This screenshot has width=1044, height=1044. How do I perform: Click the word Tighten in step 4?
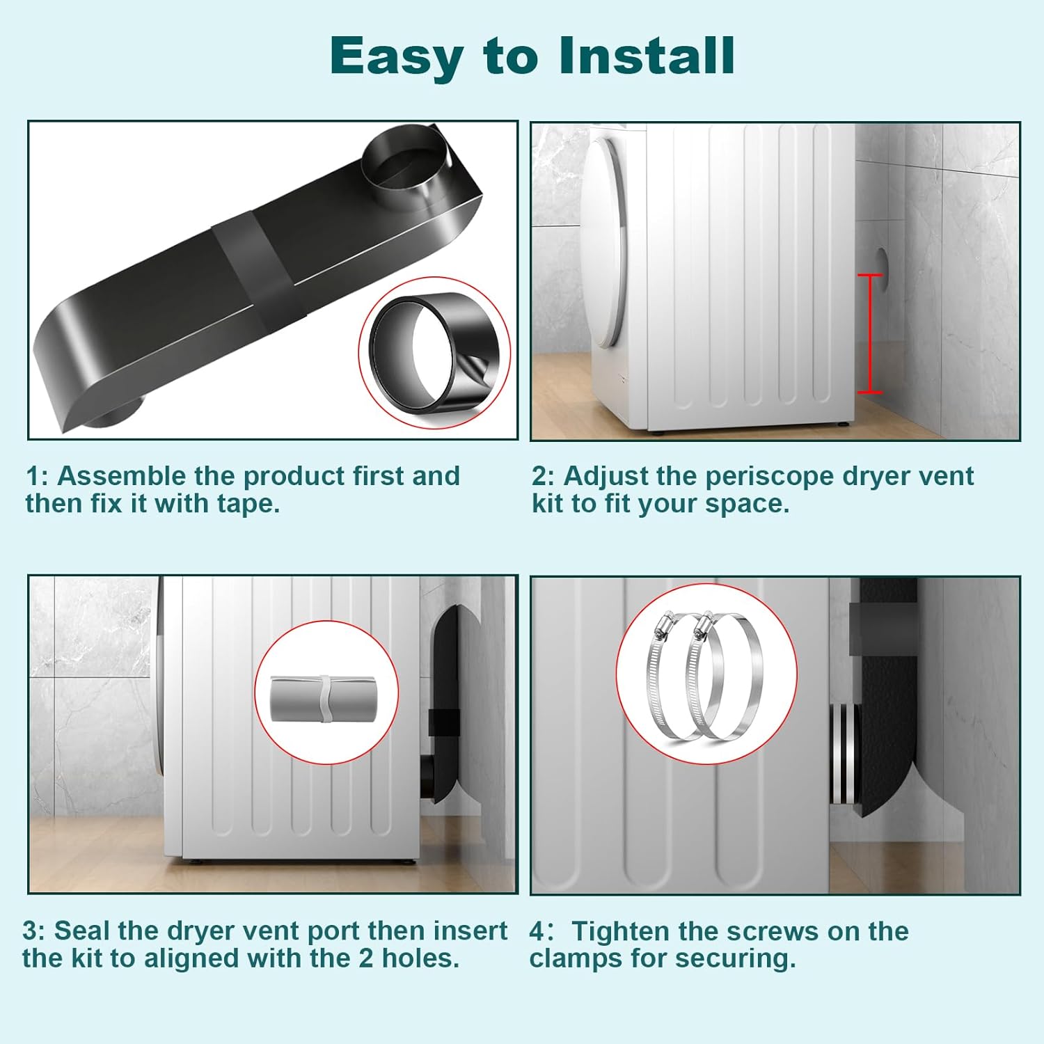(x=618, y=931)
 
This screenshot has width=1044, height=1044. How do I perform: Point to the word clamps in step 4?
(x=575, y=958)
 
